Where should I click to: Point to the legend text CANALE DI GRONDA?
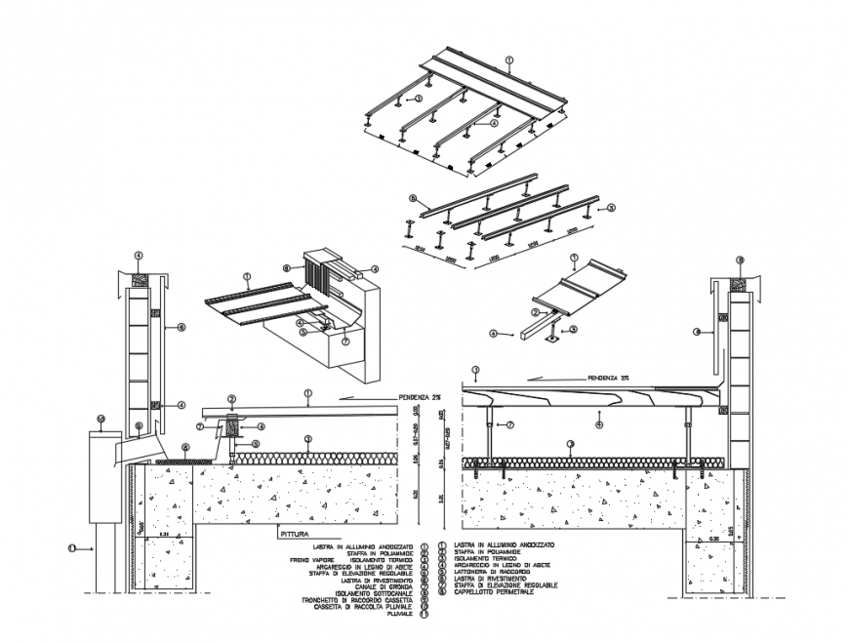pyautogui.click(x=383, y=585)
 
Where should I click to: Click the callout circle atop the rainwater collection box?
pyautogui.click(x=101, y=420)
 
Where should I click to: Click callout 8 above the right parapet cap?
pyautogui.click(x=741, y=260)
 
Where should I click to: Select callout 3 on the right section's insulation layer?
pyautogui.click(x=571, y=445)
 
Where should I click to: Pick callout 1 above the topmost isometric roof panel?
pyautogui.click(x=510, y=60)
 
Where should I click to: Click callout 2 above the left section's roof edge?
pyautogui.click(x=232, y=398)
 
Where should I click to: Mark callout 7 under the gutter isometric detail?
pyautogui.click(x=345, y=342)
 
